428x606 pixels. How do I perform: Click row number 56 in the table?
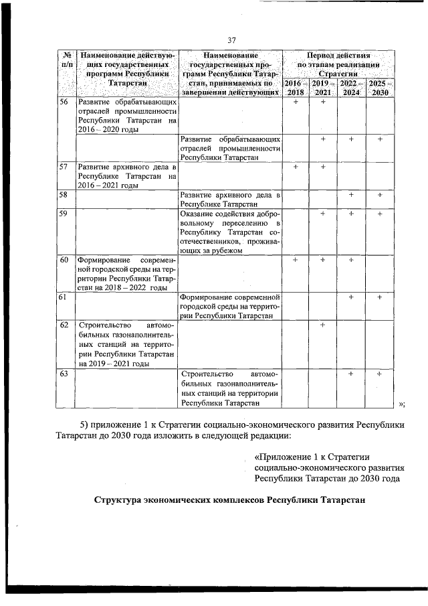click(x=64, y=102)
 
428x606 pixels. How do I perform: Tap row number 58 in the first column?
click(x=64, y=195)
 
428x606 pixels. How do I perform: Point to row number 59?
click(x=64, y=214)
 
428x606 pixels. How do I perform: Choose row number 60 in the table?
click(x=64, y=260)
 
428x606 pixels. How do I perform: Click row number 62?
click(x=64, y=325)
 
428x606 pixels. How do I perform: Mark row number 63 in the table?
click(x=64, y=374)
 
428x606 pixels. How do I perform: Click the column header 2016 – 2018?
click(x=296, y=88)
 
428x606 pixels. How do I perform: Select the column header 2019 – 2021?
click(x=322, y=88)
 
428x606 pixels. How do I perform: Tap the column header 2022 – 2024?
click(x=350, y=88)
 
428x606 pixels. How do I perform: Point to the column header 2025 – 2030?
click(x=379, y=88)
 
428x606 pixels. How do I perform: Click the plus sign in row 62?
click(x=322, y=325)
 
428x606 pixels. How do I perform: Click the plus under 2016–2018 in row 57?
click(x=296, y=166)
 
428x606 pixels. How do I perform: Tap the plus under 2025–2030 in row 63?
click(x=379, y=374)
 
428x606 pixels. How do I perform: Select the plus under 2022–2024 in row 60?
click(x=350, y=260)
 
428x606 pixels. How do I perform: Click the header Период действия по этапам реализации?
click(x=338, y=62)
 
